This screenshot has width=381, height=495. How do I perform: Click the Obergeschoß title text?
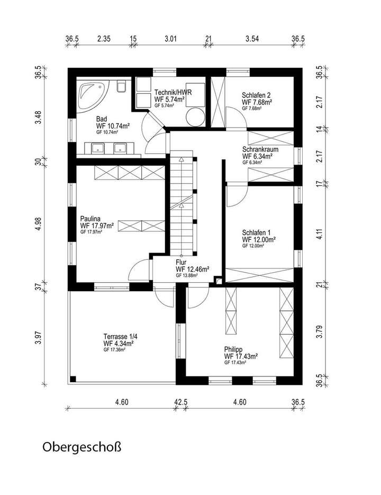click(x=81, y=448)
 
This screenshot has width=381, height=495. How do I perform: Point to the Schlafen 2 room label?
click(x=258, y=95)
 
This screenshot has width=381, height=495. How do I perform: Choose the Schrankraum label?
click(x=260, y=150)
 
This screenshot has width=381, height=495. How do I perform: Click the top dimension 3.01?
click(x=170, y=38)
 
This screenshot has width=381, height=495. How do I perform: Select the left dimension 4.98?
click(x=38, y=223)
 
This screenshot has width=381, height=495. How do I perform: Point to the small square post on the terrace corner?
click(x=73, y=378)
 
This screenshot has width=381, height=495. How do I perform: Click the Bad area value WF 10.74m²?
click(x=113, y=126)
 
